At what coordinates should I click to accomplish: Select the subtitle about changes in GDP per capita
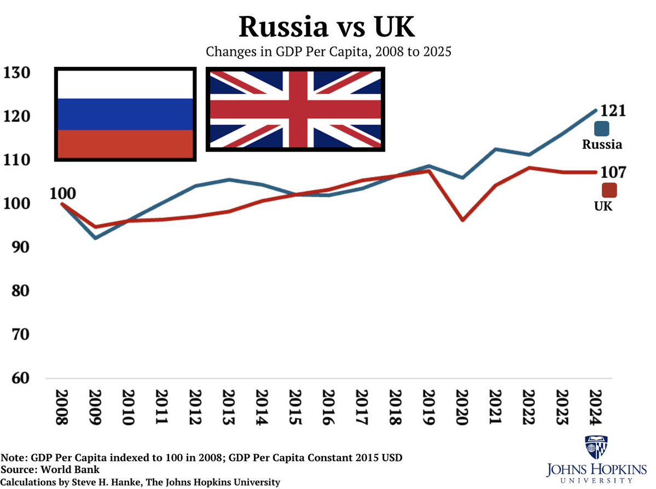328,53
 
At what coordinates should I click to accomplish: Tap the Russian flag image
125,114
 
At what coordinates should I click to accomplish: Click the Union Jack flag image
295,109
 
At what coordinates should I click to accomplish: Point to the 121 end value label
613,111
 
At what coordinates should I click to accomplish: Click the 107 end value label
613,172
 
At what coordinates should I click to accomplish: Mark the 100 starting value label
62,193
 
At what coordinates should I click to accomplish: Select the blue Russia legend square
602,129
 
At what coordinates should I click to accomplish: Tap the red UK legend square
608,190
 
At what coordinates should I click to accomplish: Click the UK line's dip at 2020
463,220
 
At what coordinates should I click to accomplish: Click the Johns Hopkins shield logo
596,447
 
